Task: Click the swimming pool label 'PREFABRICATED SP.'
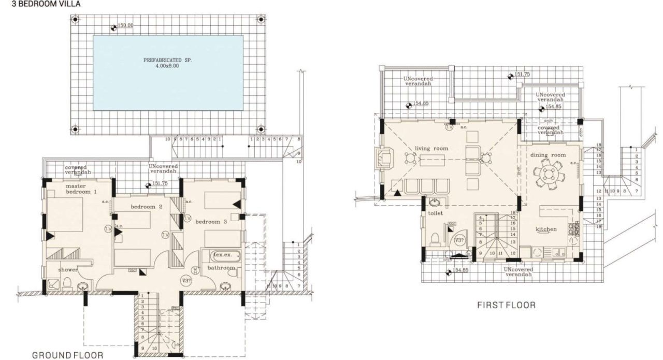pyautogui.click(x=168, y=60)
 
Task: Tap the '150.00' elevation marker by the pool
pyautogui.click(x=125, y=25)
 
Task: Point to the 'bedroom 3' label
pyautogui.click(x=211, y=221)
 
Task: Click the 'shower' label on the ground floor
pyautogui.click(x=67, y=269)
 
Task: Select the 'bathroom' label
pyautogui.click(x=221, y=268)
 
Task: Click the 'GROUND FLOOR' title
pyautogui.click(x=67, y=355)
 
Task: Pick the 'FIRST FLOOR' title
pyautogui.click(x=506, y=305)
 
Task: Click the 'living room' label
pyautogui.click(x=431, y=149)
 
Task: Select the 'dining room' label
pyautogui.click(x=547, y=155)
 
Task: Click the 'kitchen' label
pyautogui.click(x=546, y=229)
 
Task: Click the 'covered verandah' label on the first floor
pyautogui.click(x=548, y=130)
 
